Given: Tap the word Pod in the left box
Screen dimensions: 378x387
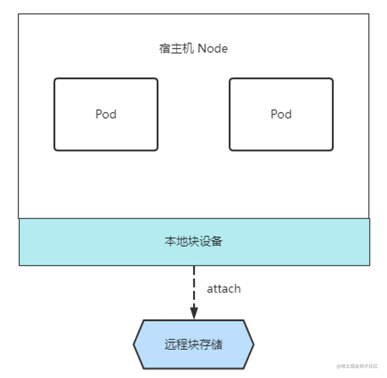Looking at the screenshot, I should tap(106, 114).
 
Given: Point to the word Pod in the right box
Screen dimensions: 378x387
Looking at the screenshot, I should tap(281, 114).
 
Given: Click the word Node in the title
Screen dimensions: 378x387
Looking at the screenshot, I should tap(213, 48).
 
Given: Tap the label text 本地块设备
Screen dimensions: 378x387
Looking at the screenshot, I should tap(193, 241).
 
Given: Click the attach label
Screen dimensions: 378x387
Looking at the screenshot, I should tap(224, 289).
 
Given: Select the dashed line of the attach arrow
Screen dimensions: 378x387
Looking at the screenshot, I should tap(194, 284).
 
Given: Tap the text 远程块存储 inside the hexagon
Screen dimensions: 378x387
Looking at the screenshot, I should tap(193, 344).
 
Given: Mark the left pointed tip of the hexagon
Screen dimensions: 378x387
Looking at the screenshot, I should tap(134, 344).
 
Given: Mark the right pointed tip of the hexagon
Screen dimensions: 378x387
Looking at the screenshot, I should tap(253, 344).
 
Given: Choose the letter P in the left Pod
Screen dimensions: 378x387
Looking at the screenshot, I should tap(99, 114).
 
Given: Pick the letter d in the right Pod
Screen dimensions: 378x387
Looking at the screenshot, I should tap(288, 114).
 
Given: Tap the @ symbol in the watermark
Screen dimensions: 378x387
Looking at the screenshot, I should tap(339, 366).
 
